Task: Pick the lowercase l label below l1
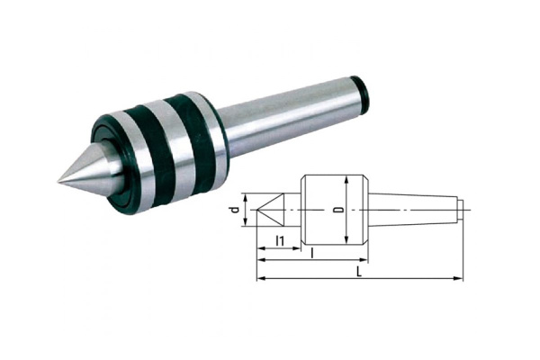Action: coord(311,255)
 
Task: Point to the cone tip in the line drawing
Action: coord(258,211)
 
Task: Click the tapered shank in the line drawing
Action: coord(418,210)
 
